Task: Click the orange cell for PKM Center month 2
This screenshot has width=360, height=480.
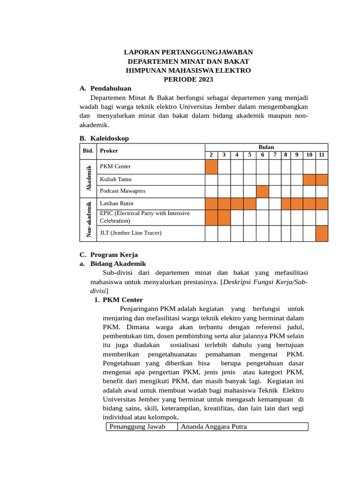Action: pyautogui.click(x=211, y=167)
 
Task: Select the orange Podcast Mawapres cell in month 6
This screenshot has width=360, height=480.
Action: pyautogui.click(x=262, y=191)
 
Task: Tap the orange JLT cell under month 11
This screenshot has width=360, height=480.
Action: pyautogui.click(x=322, y=233)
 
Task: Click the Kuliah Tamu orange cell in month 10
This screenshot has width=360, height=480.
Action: pyautogui.click(x=309, y=180)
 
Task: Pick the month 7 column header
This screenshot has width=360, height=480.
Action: pyautogui.click(x=275, y=155)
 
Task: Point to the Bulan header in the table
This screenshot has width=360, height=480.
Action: pyautogui.click(x=266, y=147)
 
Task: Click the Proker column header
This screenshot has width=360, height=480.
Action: pyautogui.click(x=109, y=151)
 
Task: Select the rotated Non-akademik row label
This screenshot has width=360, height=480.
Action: pyautogui.click(x=89, y=219)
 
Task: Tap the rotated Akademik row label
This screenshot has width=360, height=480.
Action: pyautogui.click(x=89, y=178)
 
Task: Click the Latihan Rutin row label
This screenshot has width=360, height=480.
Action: pyautogui.click(x=116, y=203)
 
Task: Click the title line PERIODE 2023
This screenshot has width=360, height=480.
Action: pyautogui.click(x=188, y=79)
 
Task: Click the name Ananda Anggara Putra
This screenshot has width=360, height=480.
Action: pyautogui.click(x=214, y=427)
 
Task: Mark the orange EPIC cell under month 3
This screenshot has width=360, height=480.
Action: pyautogui.click(x=224, y=217)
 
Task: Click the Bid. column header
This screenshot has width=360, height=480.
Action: pyautogui.click(x=88, y=151)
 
